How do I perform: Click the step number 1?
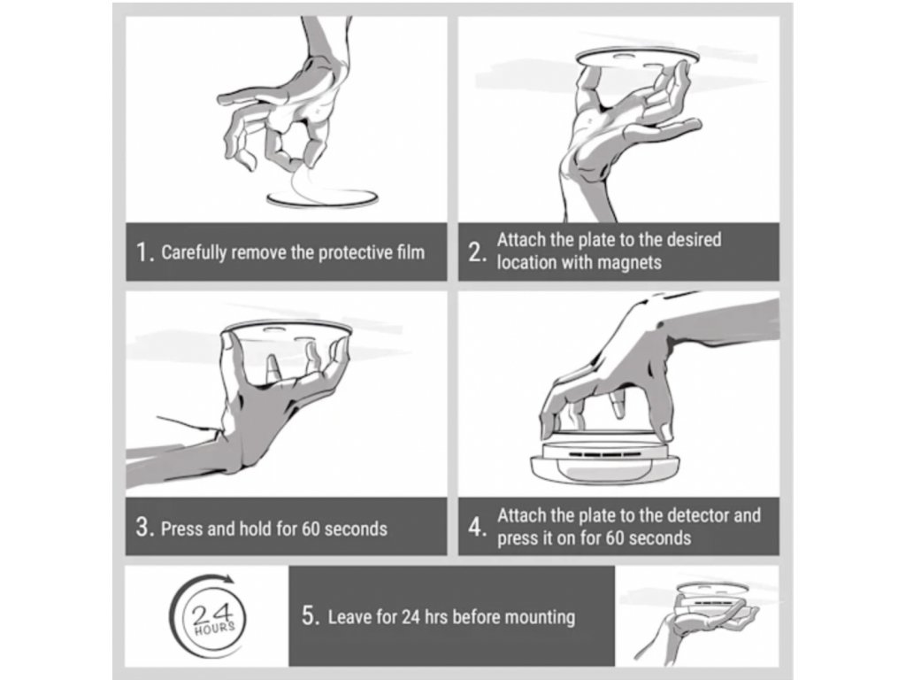(142, 252)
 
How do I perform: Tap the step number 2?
(475, 252)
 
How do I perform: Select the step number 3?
(142, 528)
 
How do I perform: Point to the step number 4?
(475, 528)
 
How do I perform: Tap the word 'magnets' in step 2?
(629, 263)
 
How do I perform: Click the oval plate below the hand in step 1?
(322, 198)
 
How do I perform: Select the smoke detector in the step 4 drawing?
(604, 460)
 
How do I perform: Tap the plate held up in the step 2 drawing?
(637, 56)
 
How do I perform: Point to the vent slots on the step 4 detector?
(603, 454)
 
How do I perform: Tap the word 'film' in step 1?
(411, 252)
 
